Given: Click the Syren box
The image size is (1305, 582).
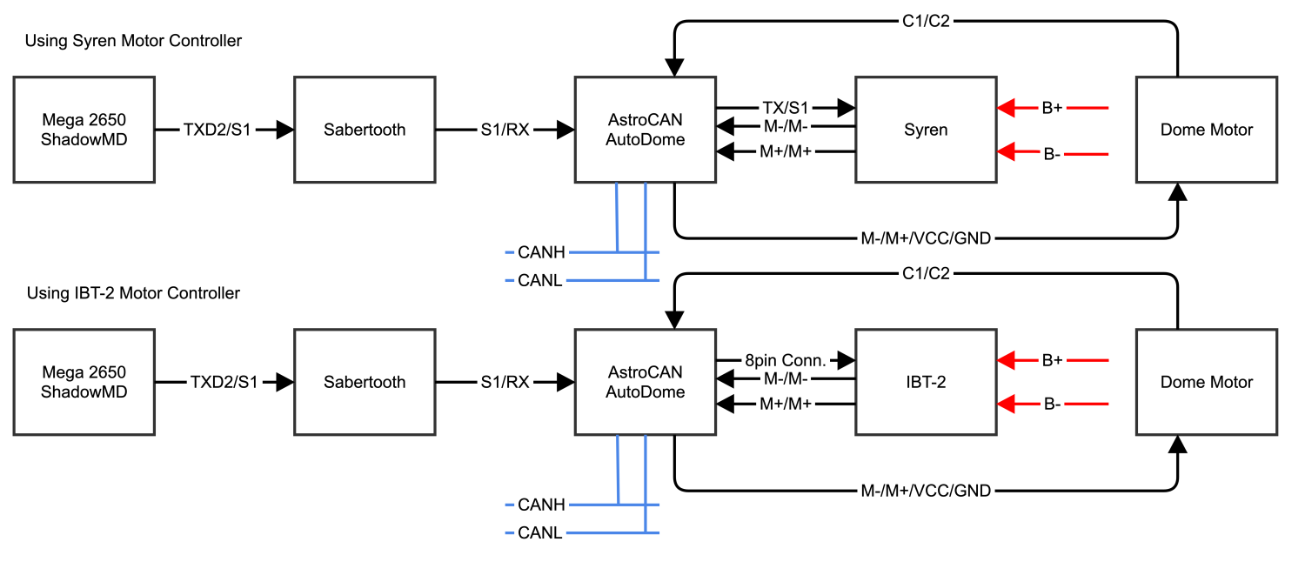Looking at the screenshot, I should (x=926, y=130).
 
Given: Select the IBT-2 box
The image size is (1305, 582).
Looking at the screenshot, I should (x=926, y=382).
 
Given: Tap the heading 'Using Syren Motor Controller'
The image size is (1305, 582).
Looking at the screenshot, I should (x=133, y=41).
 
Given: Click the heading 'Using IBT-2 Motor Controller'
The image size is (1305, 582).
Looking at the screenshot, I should (x=133, y=293).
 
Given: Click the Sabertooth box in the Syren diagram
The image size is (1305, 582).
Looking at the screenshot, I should (x=365, y=130).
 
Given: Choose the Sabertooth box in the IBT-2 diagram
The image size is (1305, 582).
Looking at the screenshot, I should (x=365, y=382).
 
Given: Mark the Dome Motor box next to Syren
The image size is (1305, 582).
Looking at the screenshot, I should (x=1207, y=130).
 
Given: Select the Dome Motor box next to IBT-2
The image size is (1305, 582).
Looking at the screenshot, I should (x=1207, y=382).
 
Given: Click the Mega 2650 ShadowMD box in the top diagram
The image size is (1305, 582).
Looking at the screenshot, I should (x=84, y=130).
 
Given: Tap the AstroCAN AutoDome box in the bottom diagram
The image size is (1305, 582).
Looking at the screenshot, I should (x=645, y=382).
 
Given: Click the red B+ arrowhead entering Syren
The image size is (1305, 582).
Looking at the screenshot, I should (x=1007, y=108).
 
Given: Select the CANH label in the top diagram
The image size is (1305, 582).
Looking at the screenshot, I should (x=541, y=253).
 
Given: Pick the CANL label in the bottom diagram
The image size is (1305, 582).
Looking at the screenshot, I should (x=539, y=532).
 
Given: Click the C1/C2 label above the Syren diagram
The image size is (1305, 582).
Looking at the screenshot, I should (x=926, y=21).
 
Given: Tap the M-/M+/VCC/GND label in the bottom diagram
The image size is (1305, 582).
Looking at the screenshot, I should (x=926, y=491).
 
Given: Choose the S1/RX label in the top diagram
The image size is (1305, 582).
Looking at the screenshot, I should (x=505, y=130).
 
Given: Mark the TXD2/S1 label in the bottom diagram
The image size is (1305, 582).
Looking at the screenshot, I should (x=224, y=382).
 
